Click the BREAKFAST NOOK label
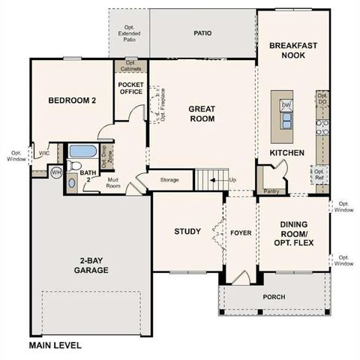(292, 50)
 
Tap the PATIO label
(202, 33)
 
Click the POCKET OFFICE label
(131, 89)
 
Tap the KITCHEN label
(287, 153)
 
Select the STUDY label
(187, 231)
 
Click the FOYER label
(240, 232)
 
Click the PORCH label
(274, 297)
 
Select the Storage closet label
(169, 180)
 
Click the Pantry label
(273, 191)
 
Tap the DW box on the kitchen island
(286, 104)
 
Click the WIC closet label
(43, 153)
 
